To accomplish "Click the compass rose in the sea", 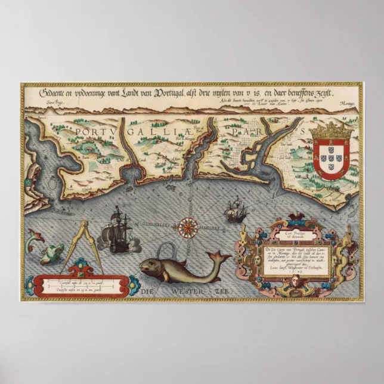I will pos(188,225).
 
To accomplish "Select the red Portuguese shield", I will pos(332,158).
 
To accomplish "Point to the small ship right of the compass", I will pos(234,209).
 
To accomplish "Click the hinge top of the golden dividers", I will pos(84,224).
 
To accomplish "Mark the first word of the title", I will pos(52,94).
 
